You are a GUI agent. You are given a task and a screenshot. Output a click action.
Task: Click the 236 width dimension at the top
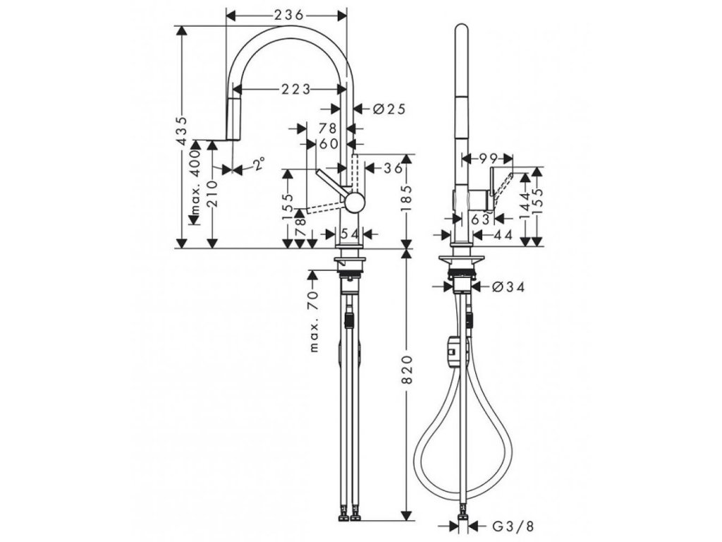[x=286, y=14]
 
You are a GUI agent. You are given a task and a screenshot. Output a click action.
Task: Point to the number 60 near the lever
[x=329, y=143]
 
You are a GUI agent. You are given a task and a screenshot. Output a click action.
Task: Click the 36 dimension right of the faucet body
[x=393, y=168]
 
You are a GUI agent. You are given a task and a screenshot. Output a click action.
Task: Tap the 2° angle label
[x=259, y=164]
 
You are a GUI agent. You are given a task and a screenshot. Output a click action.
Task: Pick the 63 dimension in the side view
[x=481, y=219]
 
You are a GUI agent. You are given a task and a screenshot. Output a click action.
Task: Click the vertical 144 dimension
[x=524, y=205]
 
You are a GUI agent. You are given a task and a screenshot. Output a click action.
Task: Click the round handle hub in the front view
[x=355, y=203]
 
